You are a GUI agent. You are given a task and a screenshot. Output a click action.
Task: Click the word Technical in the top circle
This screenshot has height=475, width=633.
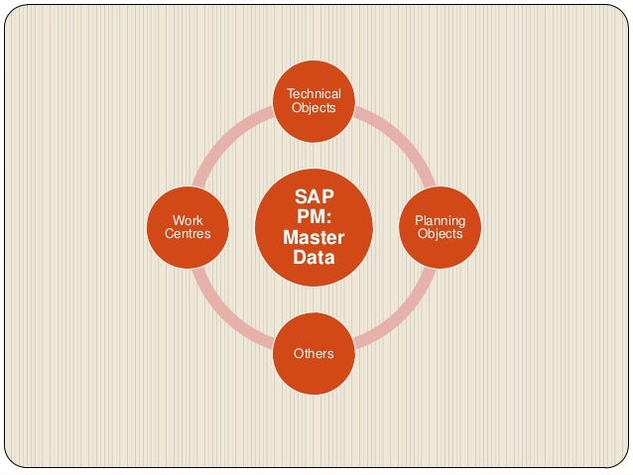(314, 94)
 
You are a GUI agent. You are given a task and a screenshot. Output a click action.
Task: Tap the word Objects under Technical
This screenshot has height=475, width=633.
(314, 108)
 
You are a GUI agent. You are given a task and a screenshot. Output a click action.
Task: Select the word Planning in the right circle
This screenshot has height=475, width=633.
(440, 220)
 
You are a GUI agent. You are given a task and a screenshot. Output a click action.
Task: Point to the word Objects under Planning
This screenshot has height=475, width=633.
(440, 234)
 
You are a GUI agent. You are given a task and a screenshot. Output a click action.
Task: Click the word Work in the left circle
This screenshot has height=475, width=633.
(188, 220)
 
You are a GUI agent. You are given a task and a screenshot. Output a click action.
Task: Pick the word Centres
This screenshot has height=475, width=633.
(188, 234)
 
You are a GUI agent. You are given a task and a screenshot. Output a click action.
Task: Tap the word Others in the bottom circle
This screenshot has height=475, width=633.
(314, 353)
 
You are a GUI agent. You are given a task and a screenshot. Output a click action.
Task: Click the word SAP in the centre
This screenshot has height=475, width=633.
(314, 196)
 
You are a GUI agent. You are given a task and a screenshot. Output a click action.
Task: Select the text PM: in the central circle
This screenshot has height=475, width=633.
(314, 217)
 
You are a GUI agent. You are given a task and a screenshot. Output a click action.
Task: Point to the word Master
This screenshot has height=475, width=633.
(314, 238)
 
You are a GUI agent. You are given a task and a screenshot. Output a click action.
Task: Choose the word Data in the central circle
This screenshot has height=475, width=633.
(314, 259)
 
